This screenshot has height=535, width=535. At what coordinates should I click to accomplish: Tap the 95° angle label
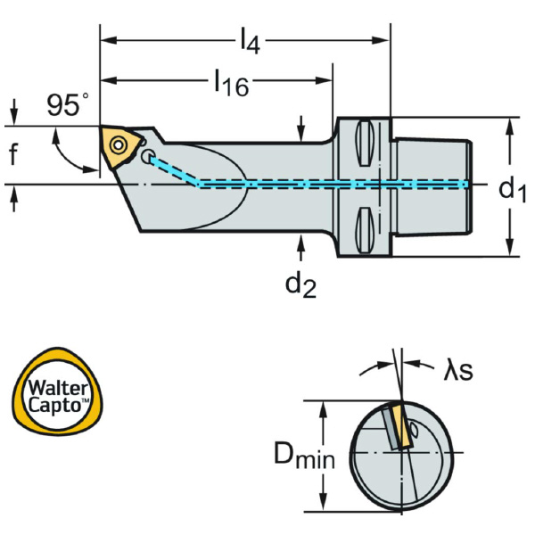(x=68, y=105)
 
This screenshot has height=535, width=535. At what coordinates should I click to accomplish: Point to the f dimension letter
(x=13, y=156)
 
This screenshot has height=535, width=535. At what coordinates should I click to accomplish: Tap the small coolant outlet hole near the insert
(x=146, y=157)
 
